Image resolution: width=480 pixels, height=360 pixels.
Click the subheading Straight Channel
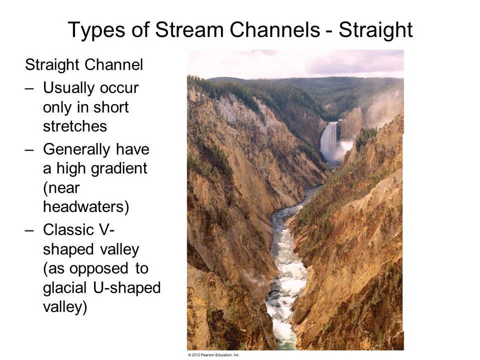84,65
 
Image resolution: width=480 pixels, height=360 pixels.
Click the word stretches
75,126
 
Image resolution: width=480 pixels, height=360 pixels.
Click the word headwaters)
86,206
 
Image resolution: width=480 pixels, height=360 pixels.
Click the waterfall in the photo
329,142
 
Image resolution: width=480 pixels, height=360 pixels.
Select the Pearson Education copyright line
213,355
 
